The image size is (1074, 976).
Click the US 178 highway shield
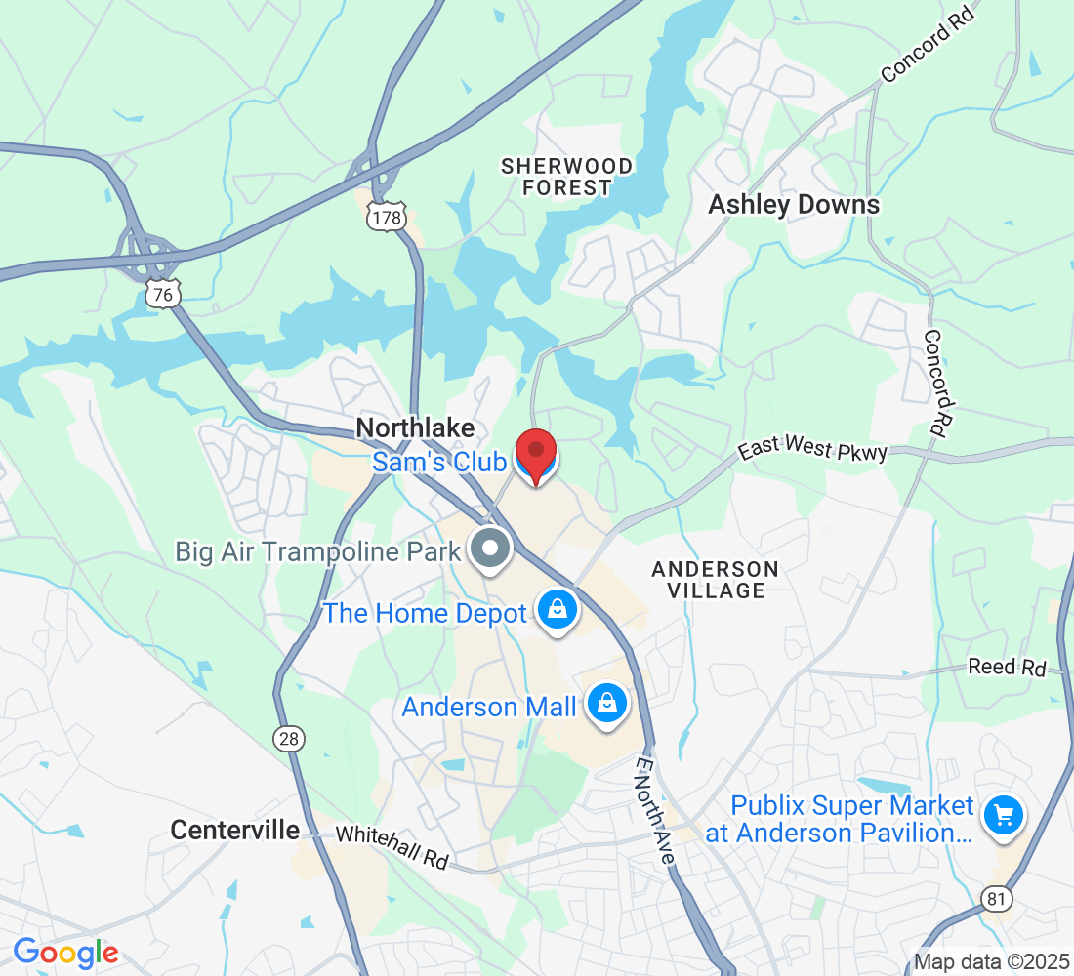(x=387, y=218)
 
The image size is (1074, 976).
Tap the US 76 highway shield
(x=163, y=293)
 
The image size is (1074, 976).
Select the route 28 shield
(x=289, y=739)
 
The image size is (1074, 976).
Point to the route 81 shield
(x=997, y=898)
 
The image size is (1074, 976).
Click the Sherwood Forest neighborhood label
(x=566, y=177)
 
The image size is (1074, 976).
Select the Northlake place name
(x=415, y=428)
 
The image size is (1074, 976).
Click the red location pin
(x=536, y=457)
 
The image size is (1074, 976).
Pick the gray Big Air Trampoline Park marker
(x=489, y=550)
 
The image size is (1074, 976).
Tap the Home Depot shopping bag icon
(x=557, y=611)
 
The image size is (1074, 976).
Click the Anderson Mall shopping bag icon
(x=606, y=704)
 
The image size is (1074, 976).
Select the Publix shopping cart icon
(x=1003, y=816)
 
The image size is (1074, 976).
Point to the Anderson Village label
(x=715, y=580)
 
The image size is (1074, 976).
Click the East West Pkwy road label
(x=812, y=451)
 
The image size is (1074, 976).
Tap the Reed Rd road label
(x=1007, y=668)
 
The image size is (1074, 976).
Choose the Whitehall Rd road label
(x=392, y=847)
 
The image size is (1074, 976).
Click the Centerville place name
(x=234, y=831)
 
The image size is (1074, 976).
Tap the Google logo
(x=65, y=952)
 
